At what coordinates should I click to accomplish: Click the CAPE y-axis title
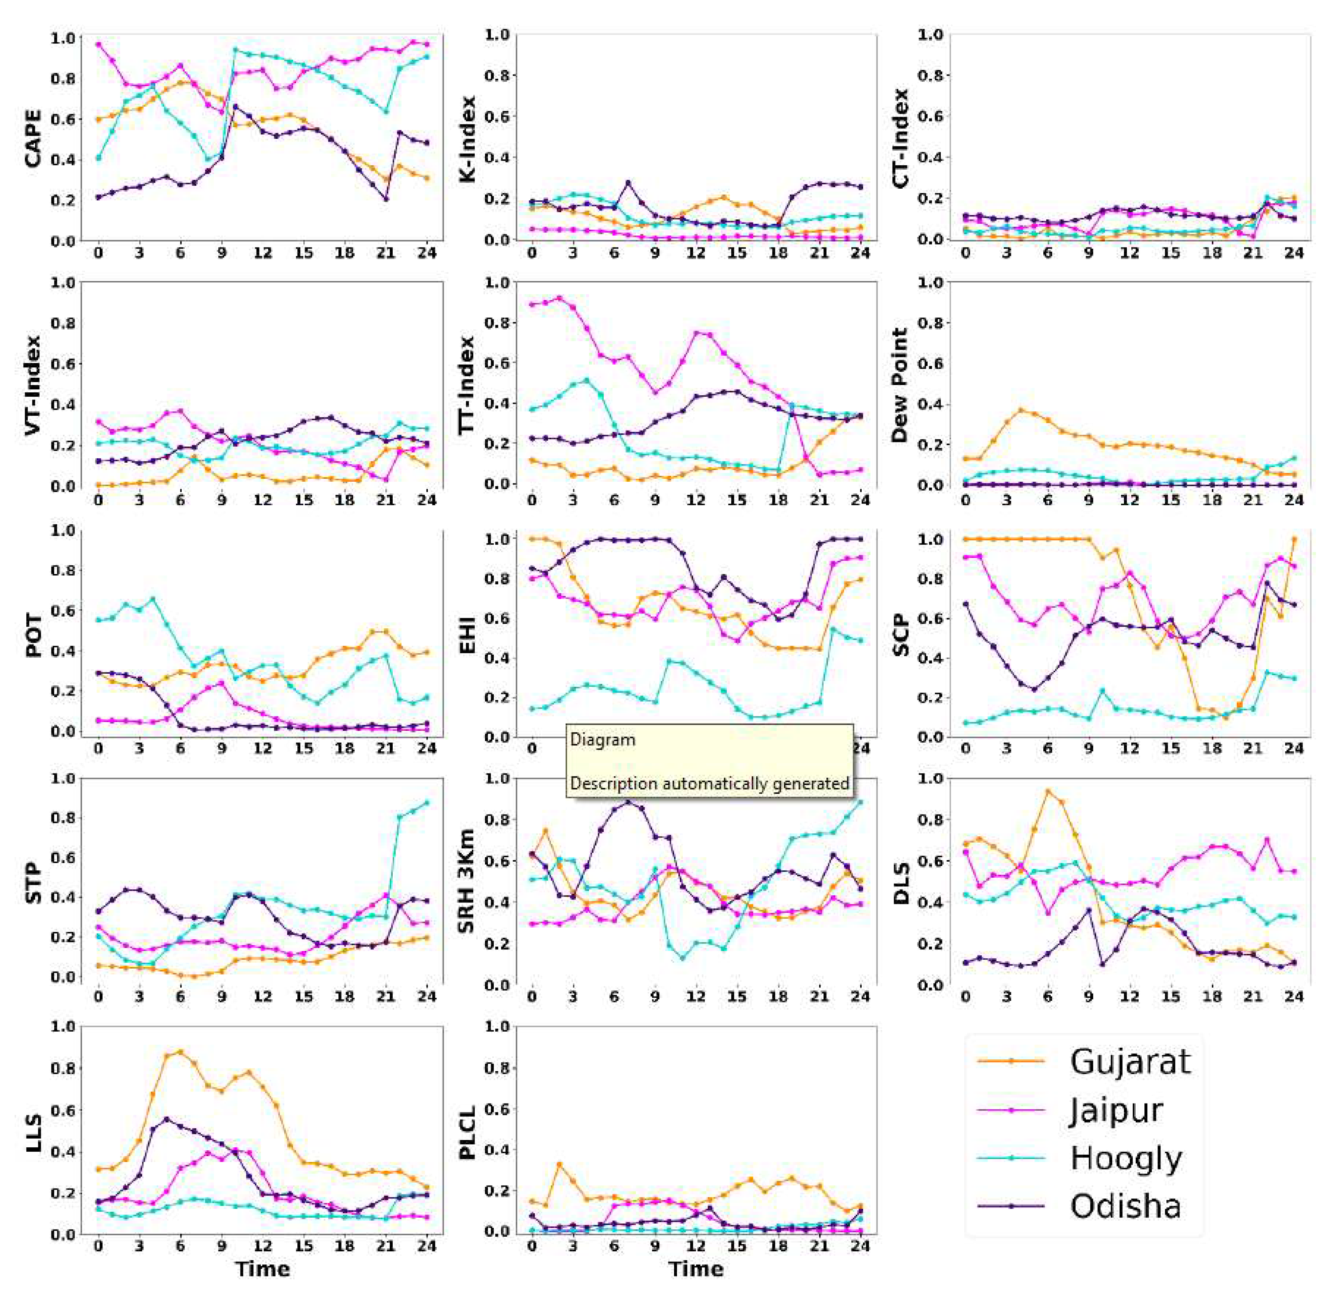(x=32, y=139)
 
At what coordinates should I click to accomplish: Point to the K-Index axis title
(x=467, y=139)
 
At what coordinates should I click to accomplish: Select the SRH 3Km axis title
(x=467, y=881)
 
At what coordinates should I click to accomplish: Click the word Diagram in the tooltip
(x=603, y=740)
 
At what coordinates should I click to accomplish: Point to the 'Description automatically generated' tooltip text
(x=709, y=784)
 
